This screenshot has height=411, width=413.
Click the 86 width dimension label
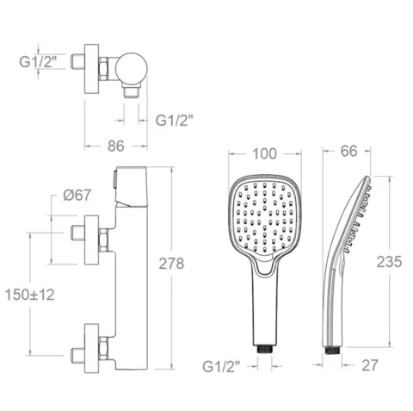[x=116, y=146]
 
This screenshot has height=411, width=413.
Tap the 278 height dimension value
[x=171, y=264]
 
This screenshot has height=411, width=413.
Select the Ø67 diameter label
[x=77, y=196]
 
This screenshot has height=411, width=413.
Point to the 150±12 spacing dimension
[x=30, y=295]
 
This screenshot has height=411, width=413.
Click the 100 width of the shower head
[x=265, y=153]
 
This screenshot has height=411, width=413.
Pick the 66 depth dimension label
[x=349, y=151]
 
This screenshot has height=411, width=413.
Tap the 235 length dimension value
[x=389, y=262]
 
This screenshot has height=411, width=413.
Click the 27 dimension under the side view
[x=369, y=365]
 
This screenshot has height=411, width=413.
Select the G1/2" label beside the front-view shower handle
[x=221, y=367]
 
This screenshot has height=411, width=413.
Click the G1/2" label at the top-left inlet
[x=38, y=61]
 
